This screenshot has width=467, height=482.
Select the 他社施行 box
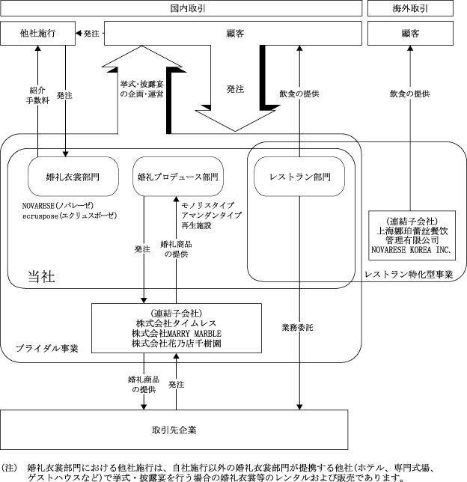pos(37,34)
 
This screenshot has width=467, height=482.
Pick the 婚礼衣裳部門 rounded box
pos(73,177)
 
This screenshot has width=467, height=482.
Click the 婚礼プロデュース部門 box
pos(179,177)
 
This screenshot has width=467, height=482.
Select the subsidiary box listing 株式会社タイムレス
pos(176,328)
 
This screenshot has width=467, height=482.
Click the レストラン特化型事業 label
pos(408,275)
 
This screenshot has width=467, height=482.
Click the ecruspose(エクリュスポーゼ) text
pos(70,215)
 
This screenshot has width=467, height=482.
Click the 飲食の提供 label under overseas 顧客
pos(409,94)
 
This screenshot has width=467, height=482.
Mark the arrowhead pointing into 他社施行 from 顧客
pos(79,34)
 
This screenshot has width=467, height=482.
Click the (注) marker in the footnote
pos(10,466)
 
